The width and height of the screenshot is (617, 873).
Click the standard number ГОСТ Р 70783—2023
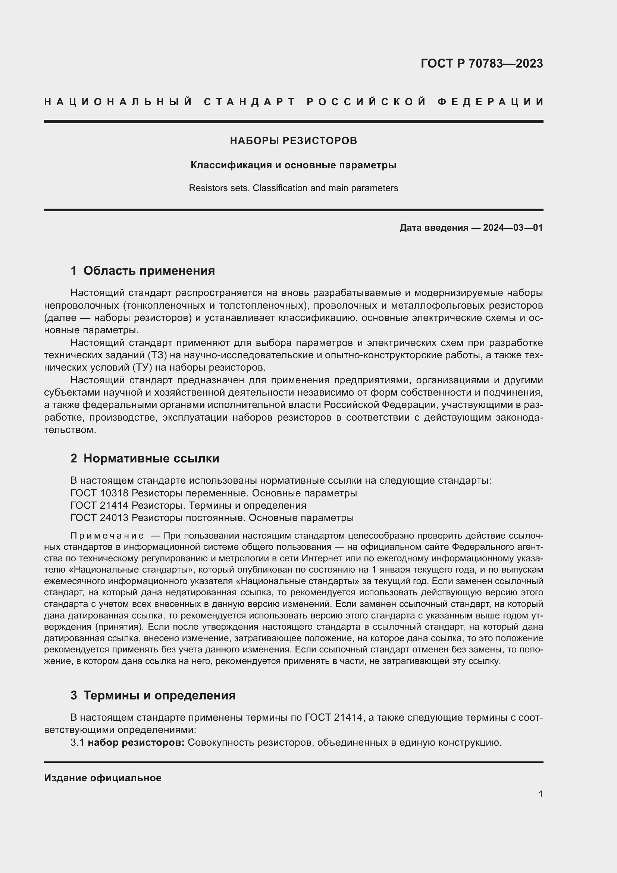[x=481, y=63]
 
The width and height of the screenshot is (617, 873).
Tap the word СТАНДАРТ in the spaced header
[x=250, y=102]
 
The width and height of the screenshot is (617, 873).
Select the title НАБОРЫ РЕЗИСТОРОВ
[x=293, y=141]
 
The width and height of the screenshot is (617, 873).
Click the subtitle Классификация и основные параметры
[x=293, y=165]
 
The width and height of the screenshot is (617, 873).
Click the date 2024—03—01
[x=513, y=228]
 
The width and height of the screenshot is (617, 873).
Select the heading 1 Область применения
[x=142, y=271]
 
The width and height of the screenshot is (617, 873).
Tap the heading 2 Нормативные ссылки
[x=145, y=459]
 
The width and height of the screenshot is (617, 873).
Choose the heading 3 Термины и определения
[x=153, y=695]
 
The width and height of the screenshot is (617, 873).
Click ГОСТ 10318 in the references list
[x=100, y=493]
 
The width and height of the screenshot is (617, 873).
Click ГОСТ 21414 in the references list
[x=100, y=506]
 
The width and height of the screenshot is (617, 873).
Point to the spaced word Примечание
[x=107, y=536]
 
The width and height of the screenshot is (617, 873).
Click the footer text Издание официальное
[x=103, y=778]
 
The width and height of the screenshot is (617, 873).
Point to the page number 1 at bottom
[x=540, y=794]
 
